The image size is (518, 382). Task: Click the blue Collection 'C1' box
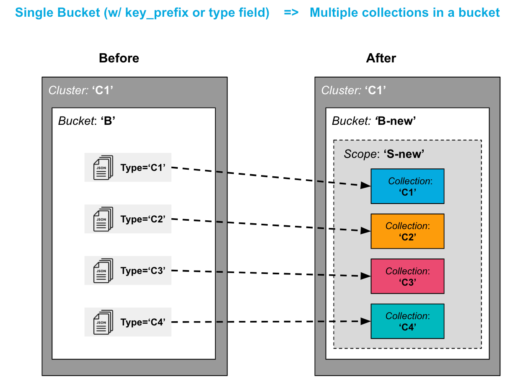(407, 186)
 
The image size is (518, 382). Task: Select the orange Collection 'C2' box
(407, 231)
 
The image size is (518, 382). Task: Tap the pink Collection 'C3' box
(407, 276)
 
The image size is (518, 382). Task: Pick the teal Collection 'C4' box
(407, 321)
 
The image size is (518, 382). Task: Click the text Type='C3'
(143, 271)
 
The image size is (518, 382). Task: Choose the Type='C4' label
(143, 323)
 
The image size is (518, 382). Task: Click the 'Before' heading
(119, 58)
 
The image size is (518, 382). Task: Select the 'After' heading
(381, 58)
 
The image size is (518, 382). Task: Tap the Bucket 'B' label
(87, 121)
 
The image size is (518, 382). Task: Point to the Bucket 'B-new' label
(373, 121)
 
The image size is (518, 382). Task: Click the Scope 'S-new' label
(384, 154)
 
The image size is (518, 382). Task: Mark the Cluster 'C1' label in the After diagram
(353, 90)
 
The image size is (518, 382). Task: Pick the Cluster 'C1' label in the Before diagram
(81, 90)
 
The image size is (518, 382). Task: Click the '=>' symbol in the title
(291, 13)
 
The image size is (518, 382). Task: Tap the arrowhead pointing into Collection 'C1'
(365, 186)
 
